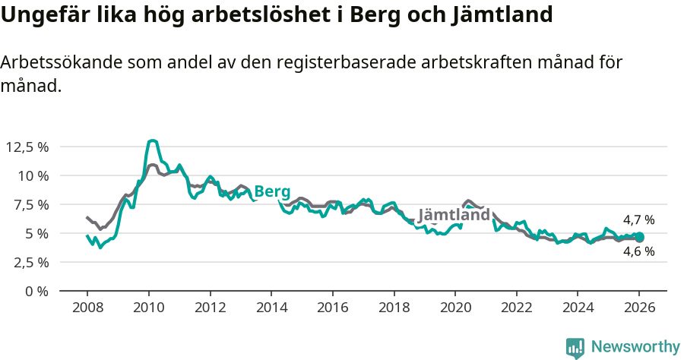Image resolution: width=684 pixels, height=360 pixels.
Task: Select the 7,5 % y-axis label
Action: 30,204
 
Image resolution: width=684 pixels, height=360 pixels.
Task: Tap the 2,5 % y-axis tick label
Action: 30,262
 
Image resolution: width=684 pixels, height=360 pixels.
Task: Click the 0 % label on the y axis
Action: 37,291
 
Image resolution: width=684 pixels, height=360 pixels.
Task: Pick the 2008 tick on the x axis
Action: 87,309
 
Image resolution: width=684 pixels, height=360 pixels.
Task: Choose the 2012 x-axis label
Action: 210,309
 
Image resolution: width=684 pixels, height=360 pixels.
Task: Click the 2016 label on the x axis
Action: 332,309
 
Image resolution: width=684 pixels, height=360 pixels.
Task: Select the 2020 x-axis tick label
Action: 454,309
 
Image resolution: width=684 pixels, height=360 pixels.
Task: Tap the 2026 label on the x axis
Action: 638,309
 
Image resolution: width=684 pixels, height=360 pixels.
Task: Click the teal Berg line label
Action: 272,191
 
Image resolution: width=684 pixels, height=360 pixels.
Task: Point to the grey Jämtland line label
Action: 454,215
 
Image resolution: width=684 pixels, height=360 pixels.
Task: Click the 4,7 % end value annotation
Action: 638,220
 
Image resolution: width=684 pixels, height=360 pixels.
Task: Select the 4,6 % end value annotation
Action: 638,251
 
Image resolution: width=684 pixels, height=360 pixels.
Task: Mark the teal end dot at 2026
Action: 639,237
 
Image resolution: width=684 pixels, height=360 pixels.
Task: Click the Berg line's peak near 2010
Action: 153,141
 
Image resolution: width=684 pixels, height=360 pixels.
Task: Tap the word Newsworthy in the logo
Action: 635,347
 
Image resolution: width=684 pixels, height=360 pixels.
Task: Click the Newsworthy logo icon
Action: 575,348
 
